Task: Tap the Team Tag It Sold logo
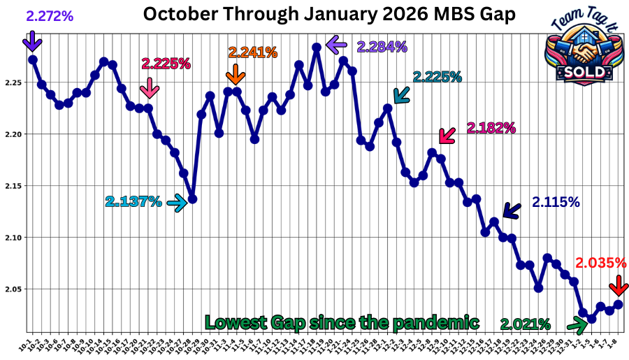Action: tap(583, 49)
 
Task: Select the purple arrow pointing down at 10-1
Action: tap(31, 43)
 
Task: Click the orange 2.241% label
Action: tap(252, 52)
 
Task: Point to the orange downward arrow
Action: tap(236, 73)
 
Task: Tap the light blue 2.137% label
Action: tap(133, 202)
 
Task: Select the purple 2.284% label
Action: tap(382, 47)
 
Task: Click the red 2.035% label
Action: tap(600, 264)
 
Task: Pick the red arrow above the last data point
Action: tap(617, 286)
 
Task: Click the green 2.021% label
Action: tap(526, 324)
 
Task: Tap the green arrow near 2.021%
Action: tap(577, 324)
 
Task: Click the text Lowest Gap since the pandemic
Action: tap(342, 322)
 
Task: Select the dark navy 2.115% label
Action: tap(556, 203)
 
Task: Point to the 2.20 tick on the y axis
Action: tap(13, 134)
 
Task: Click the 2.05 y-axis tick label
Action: tap(13, 289)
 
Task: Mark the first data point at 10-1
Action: tap(33, 59)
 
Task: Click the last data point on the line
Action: tap(619, 304)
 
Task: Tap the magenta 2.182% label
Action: tap(491, 128)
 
